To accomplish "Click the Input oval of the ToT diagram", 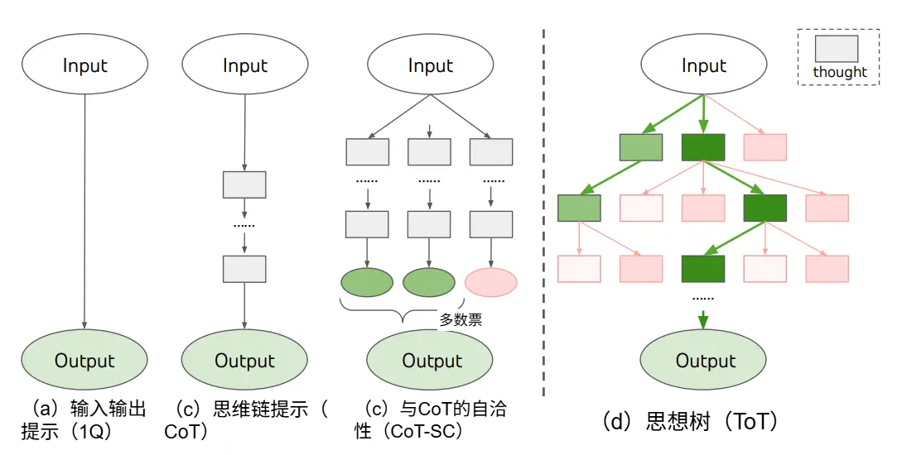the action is coord(703,65).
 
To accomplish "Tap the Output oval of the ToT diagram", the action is coord(703,360).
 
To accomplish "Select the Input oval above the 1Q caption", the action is coord(84,65).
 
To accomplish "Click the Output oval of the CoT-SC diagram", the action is coord(430,360).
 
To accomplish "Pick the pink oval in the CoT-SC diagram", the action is coord(491,282).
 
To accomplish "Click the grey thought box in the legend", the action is coord(837,49).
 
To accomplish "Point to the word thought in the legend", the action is coord(840,73).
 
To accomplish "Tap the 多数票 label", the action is coord(461,319).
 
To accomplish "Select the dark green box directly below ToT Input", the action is coord(703,147).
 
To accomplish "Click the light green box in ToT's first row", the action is coord(641,147).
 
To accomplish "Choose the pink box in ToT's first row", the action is coord(764,147).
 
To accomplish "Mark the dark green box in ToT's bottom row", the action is coord(703,269).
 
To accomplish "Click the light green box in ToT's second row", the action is coord(580,208).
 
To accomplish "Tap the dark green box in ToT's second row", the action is coord(764,208).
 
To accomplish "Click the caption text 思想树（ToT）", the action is coord(691,422).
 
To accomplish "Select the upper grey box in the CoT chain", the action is coord(244,184).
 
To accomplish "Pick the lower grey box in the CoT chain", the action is coord(244,269).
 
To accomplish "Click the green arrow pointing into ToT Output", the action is coord(703,319).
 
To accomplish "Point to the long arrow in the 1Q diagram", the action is coord(84,212).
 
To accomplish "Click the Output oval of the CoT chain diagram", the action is coord(244,360).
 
